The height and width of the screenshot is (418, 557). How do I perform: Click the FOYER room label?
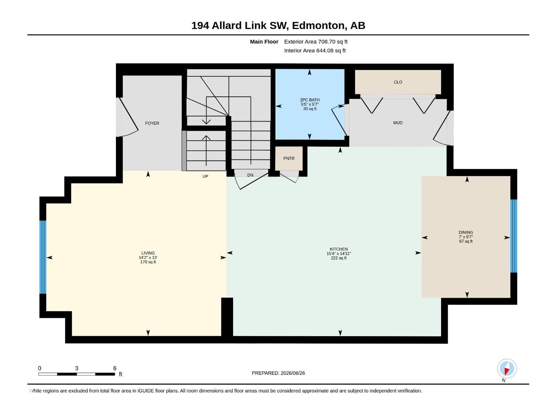point(152,123)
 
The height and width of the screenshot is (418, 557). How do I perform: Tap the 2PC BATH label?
point(309,100)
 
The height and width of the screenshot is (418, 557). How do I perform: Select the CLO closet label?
point(398,82)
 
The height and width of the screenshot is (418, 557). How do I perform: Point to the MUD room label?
point(398,123)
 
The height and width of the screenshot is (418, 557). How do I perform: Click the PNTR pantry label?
point(289,158)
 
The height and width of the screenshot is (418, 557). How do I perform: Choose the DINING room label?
point(466,232)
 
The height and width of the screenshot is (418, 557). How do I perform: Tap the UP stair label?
point(205,176)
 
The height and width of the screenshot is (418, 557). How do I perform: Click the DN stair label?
point(250,175)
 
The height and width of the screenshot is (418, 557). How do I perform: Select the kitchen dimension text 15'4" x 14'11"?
point(338,253)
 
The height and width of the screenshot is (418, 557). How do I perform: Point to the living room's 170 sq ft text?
point(148,262)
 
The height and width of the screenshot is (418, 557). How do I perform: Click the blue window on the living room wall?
point(43,257)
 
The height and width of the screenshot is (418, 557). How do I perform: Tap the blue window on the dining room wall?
point(513,236)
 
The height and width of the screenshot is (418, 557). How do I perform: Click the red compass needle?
point(507,371)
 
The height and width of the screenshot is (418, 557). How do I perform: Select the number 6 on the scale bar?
point(115,368)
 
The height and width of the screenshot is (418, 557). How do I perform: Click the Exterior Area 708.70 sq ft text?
point(316,41)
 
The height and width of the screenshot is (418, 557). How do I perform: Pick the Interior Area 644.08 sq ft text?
point(315,51)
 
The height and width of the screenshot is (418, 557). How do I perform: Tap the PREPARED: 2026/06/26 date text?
point(278,373)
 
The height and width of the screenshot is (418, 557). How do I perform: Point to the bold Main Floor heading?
point(264,41)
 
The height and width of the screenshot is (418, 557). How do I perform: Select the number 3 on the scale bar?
point(77,368)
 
